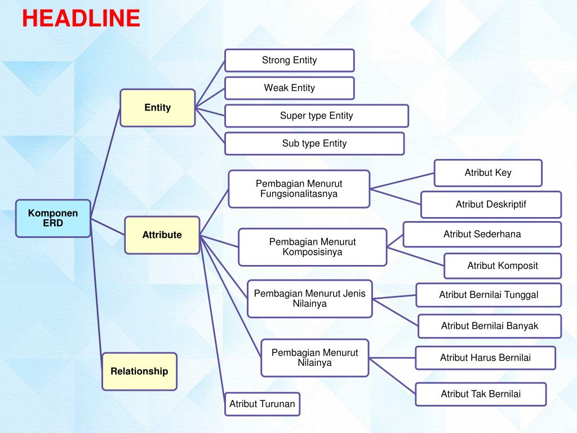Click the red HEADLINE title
point(81,19)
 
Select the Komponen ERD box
point(53,218)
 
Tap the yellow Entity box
point(158,108)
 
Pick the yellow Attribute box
point(162,235)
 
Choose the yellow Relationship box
point(139,372)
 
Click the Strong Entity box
point(289,60)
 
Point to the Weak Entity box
point(289,88)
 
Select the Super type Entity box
point(316,116)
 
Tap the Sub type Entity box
point(314,143)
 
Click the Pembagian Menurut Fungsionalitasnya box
point(299,189)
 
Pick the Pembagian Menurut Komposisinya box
point(312,247)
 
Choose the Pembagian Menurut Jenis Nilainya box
point(309,299)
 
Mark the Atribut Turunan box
point(262,404)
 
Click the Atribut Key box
point(488,173)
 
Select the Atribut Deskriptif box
point(491,205)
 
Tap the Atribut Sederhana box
point(482,234)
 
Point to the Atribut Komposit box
point(503,266)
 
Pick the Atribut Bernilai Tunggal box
point(489,295)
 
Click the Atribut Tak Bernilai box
point(481,394)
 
